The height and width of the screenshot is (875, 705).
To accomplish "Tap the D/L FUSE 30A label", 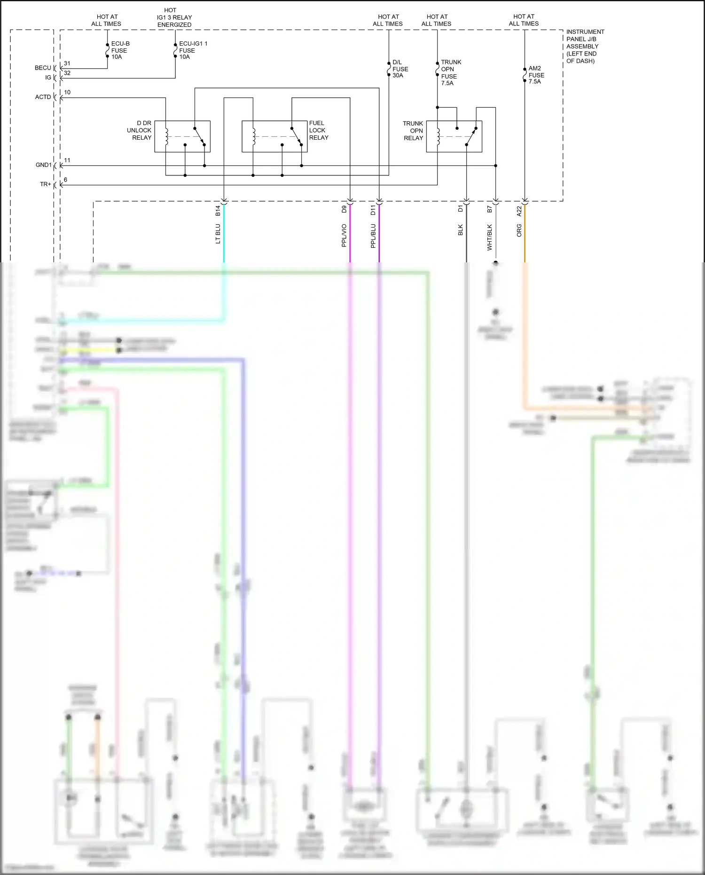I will pyautogui.click(x=400, y=69).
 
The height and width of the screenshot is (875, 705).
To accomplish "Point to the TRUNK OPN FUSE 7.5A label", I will pyautogui.click(x=451, y=72).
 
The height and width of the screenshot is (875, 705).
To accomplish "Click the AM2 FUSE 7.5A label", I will pyautogui.click(x=536, y=75).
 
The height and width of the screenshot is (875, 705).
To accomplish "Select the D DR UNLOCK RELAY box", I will pyautogui.click(x=182, y=136).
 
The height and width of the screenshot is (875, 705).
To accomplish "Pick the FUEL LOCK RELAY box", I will pyautogui.click(x=274, y=136).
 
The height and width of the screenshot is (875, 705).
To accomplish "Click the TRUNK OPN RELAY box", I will pyautogui.click(x=454, y=136).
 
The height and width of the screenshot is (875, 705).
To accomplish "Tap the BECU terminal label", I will pyautogui.click(x=43, y=68).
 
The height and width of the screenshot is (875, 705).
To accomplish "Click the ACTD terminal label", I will pyautogui.click(x=43, y=97).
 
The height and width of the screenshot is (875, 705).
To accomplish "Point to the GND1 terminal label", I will pyautogui.click(x=43, y=165).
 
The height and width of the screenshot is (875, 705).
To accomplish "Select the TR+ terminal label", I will pyautogui.click(x=45, y=184).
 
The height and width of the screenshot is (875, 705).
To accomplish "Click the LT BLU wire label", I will pyautogui.click(x=218, y=234).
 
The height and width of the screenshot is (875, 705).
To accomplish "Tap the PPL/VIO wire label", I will pyautogui.click(x=344, y=236).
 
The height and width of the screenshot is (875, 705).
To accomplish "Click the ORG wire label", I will pyautogui.click(x=519, y=230).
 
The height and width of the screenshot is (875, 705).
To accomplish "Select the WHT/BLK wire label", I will pyautogui.click(x=489, y=237).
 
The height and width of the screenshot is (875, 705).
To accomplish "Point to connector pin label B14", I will pyautogui.click(x=218, y=211).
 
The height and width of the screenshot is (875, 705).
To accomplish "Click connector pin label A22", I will pyautogui.click(x=519, y=211).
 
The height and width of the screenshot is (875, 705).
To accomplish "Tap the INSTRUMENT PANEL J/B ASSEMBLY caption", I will pyautogui.click(x=585, y=46).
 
